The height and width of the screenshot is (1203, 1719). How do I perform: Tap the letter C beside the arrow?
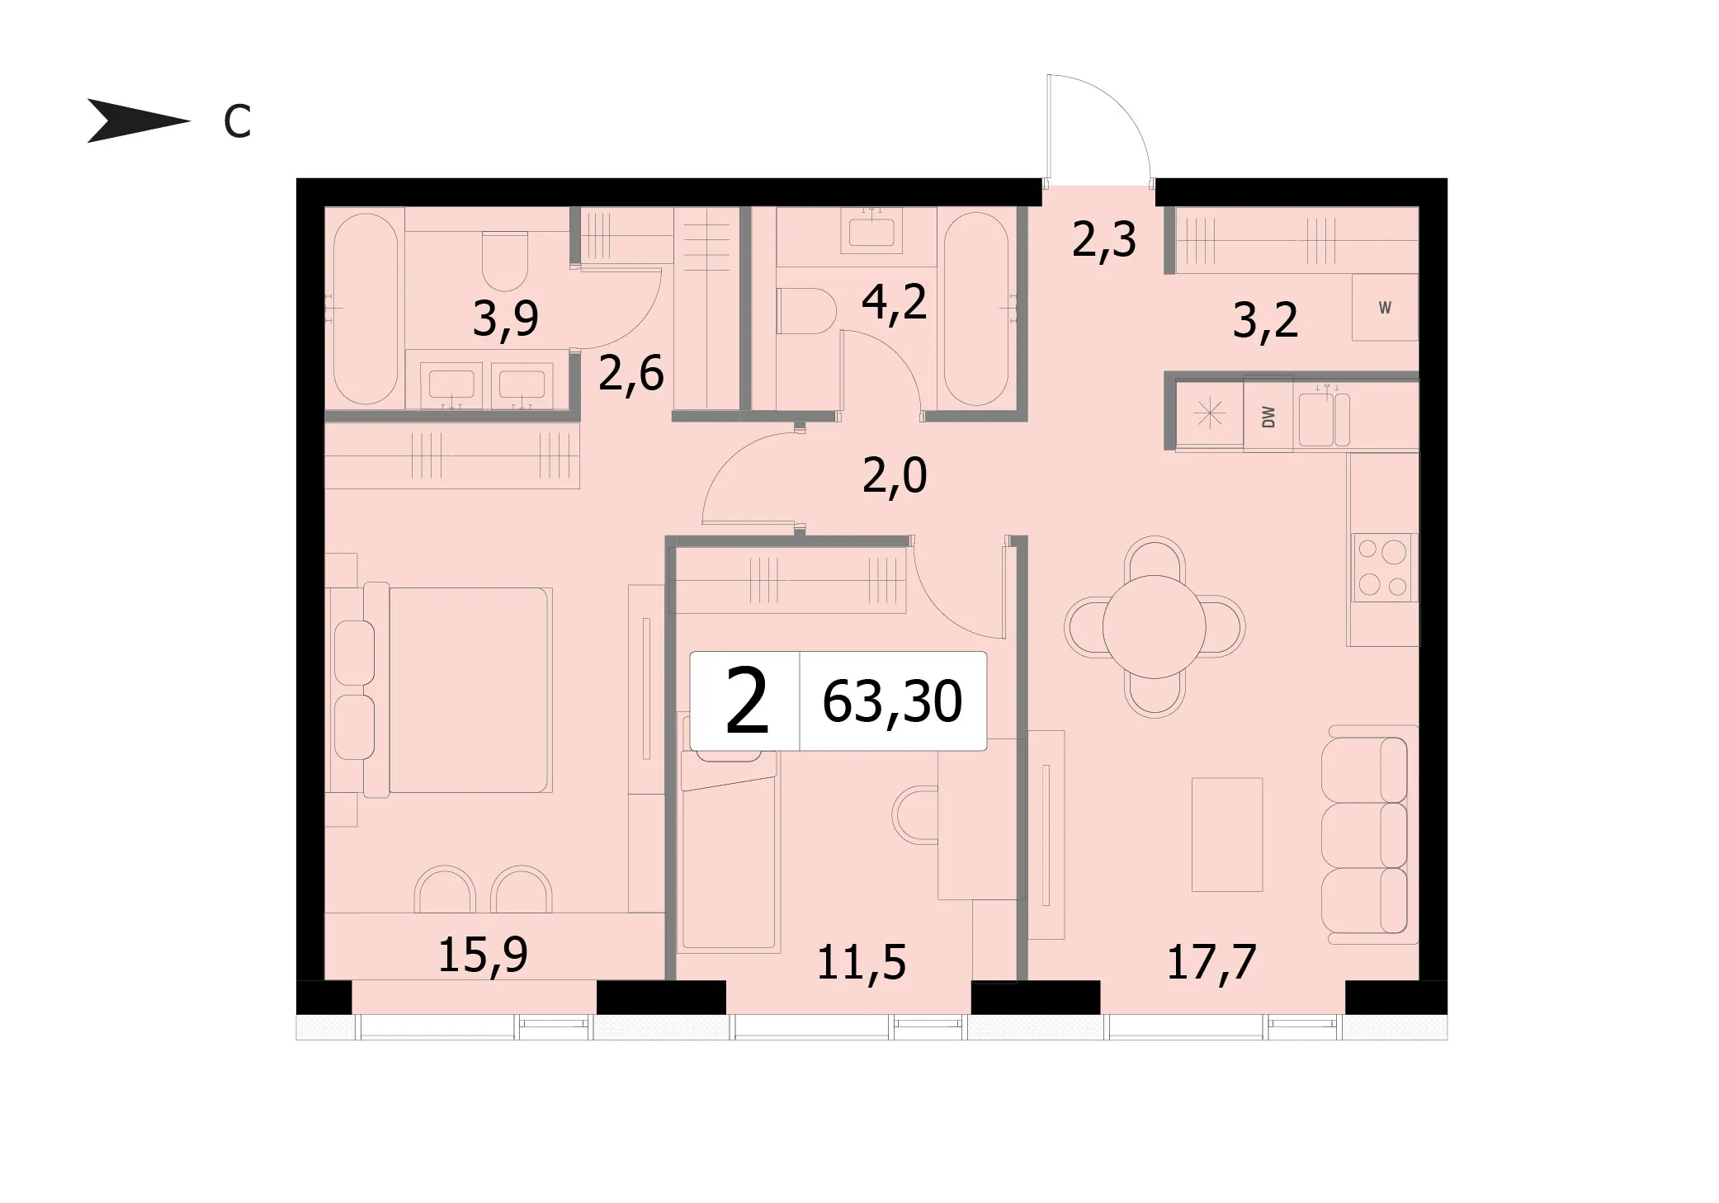pos(237,123)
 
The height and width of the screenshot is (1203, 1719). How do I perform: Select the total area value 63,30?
pos(892,702)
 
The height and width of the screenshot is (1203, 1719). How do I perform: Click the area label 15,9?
pos(483,955)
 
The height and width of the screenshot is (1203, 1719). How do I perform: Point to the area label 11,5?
pos(862,962)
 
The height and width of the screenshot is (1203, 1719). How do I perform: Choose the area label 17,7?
pos(1211,961)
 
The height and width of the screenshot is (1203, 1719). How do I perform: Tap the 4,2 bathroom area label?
pos(895,303)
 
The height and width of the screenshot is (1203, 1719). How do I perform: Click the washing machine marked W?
pos(1385,307)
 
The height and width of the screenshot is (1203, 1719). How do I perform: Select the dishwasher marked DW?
pos(1268,416)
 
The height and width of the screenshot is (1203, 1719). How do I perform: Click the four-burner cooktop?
pos(1383,567)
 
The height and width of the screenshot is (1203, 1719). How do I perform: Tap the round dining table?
pos(1155,626)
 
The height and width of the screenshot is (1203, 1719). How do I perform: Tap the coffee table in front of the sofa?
pos(1227,834)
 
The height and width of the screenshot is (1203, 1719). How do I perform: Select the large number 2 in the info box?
pos(747,701)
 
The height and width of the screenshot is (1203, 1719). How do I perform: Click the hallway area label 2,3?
pos(1104,239)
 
